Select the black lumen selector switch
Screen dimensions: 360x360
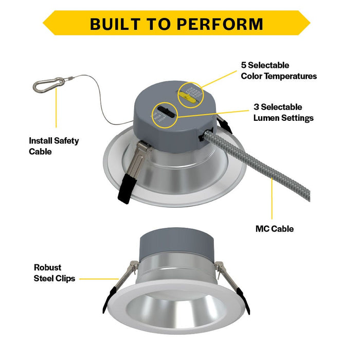[x=164, y=110]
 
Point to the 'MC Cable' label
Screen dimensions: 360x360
[x=275, y=228]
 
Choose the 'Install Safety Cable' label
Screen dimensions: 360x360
[x=53, y=146]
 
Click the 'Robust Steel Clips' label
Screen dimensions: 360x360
[x=55, y=273]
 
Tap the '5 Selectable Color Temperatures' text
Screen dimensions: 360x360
[x=279, y=70]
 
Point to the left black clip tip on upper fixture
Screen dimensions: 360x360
[x=125, y=191]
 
